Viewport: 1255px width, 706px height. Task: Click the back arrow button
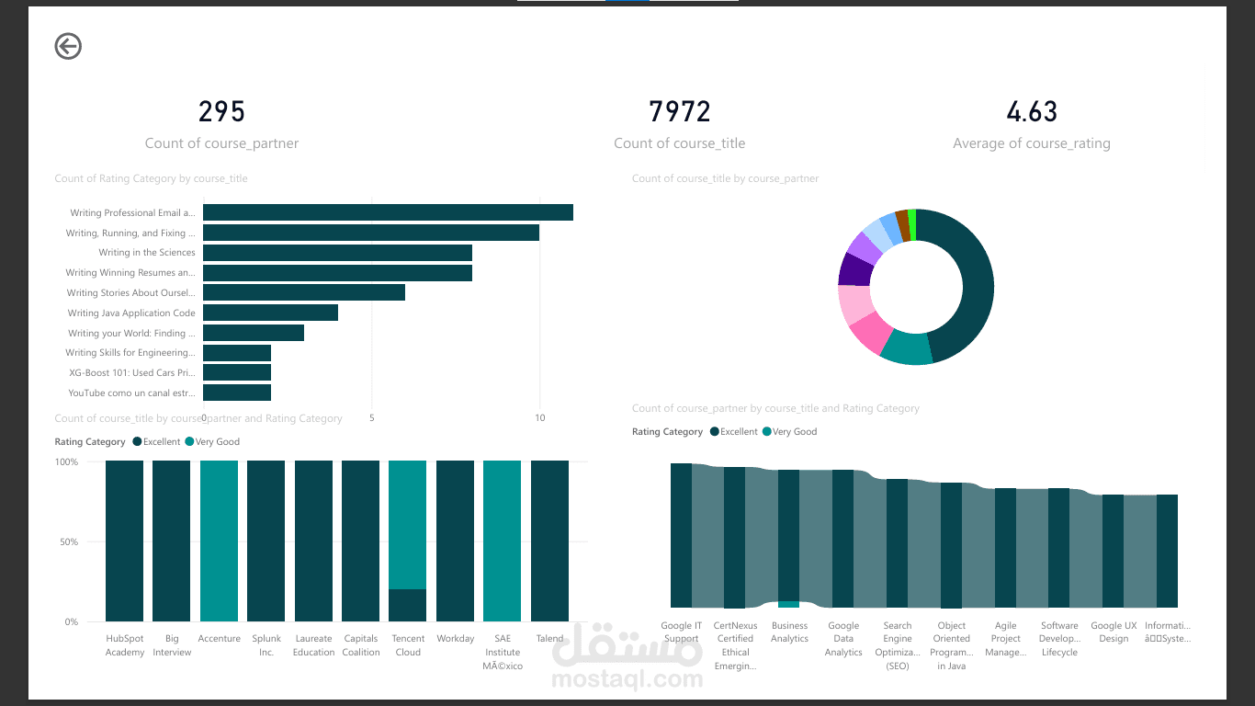point(68,46)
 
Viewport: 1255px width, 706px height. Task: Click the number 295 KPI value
point(222,112)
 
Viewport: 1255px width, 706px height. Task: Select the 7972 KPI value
point(680,112)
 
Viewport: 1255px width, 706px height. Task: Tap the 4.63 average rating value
point(1032,112)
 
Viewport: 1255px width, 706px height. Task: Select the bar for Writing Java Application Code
point(270,313)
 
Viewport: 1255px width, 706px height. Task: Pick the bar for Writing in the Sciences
point(337,253)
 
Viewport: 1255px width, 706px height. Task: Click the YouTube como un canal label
point(131,393)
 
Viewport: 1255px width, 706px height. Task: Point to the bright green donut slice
point(911,225)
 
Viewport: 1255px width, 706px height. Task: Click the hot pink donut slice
point(870,333)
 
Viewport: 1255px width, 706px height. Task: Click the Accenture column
point(219,541)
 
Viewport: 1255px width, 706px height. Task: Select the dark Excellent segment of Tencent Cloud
point(407,605)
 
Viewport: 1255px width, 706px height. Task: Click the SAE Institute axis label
point(502,652)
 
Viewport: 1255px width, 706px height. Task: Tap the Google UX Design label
point(1113,632)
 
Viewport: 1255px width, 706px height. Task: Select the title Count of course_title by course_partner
point(725,178)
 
